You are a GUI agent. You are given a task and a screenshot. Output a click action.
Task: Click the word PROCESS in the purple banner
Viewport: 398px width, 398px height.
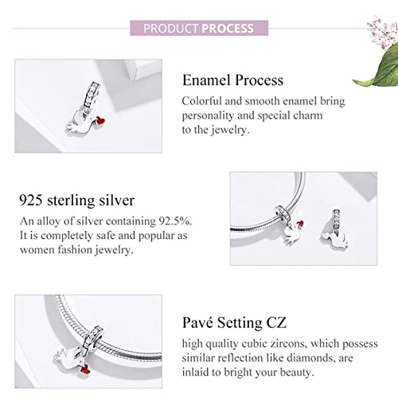tap(228, 29)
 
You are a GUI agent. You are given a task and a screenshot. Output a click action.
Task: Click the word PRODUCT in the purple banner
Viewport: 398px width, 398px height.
tap(171, 29)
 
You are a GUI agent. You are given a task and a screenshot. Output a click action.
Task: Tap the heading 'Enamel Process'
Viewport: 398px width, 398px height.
tap(232, 80)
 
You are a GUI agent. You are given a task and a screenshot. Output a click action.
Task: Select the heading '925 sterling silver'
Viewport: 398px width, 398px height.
tap(77, 201)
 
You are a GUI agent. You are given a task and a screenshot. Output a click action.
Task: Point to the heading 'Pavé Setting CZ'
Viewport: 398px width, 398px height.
tap(234, 322)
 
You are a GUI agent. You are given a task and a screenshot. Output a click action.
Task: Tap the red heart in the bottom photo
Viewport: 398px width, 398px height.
tap(85, 369)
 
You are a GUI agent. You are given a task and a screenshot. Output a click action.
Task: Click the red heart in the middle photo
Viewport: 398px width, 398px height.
tap(300, 224)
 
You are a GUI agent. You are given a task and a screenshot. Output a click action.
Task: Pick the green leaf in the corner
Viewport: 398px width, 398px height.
tap(380, 69)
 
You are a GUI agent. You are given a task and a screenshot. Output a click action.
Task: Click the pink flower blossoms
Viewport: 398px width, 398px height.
tap(382, 31)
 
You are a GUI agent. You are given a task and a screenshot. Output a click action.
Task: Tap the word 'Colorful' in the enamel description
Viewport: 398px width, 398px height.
tap(201, 101)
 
